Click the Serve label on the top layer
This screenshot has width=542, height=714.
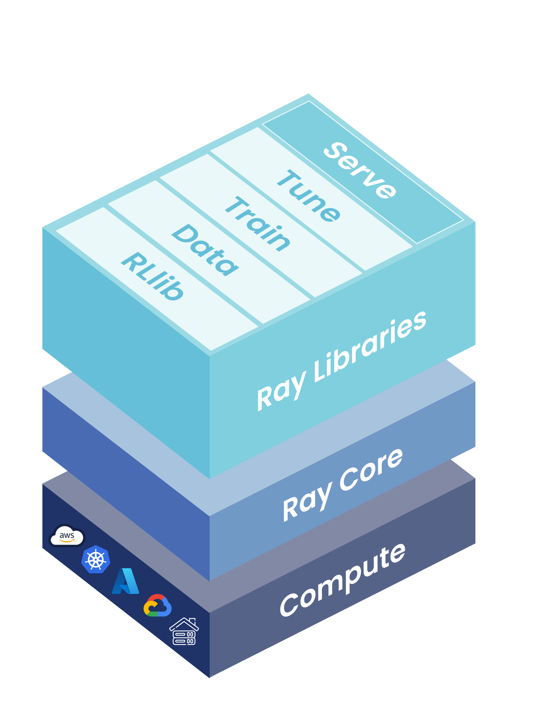coord(360,170)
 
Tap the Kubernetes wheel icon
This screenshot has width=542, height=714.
coord(96,559)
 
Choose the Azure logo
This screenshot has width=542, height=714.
coord(126,581)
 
